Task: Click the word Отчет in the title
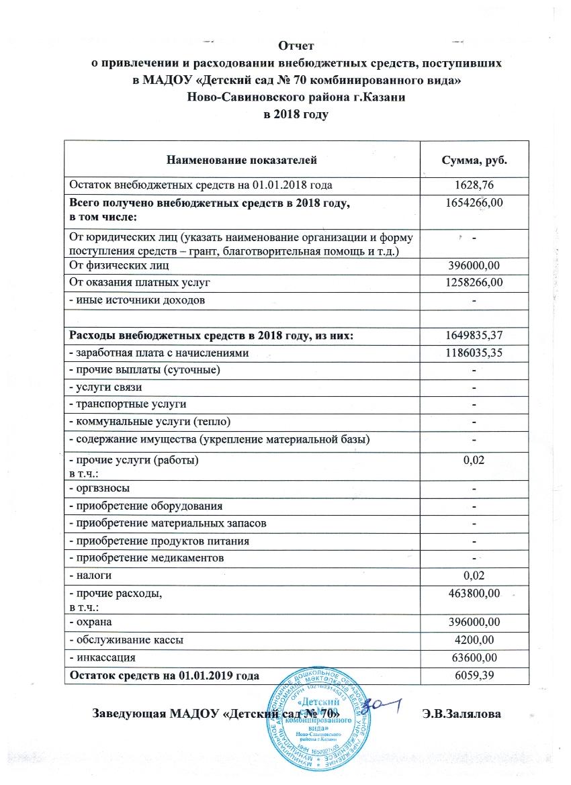[x=297, y=46]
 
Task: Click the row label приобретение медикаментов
[x=148, y=558]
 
